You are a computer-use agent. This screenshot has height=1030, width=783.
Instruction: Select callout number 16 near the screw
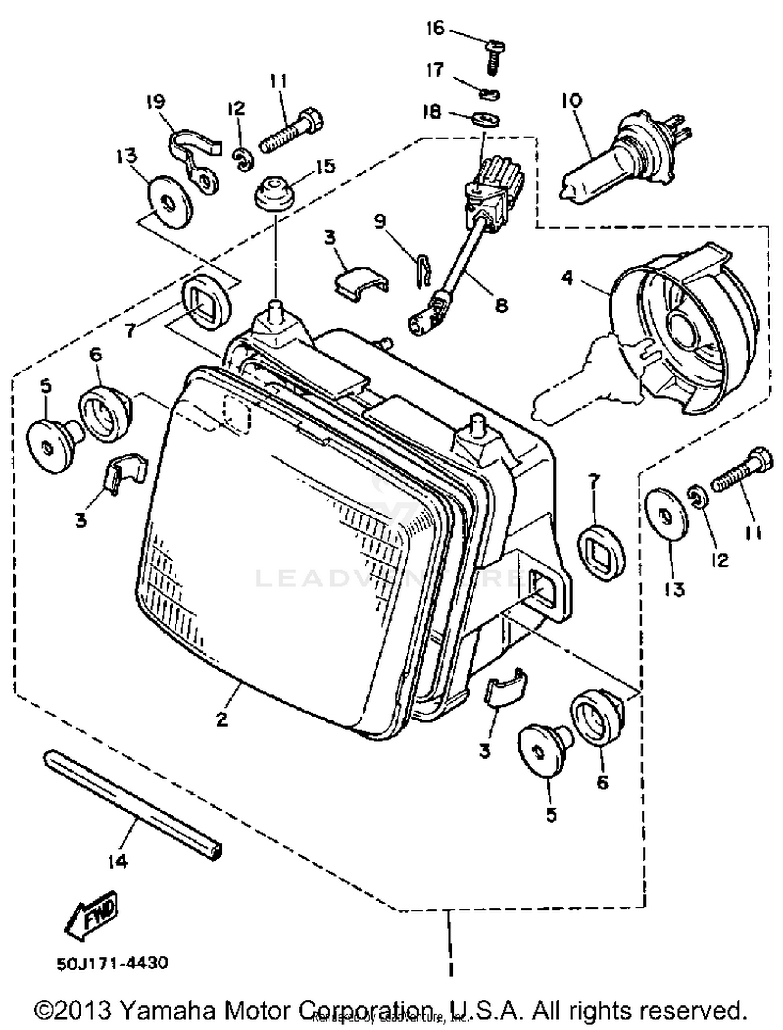pyautogui.click(x=434, y=28)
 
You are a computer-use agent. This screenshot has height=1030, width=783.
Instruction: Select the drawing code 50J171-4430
pyautogui.click(x=112, y=963)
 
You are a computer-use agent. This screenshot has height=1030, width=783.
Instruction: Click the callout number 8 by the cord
pyautogui.click(x=501, y=304)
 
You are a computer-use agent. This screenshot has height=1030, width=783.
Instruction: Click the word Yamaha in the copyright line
pyautogui.click(x=168, y=1010)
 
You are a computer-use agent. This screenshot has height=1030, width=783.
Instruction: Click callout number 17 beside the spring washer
pyautogui.click(x=435, y=70)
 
